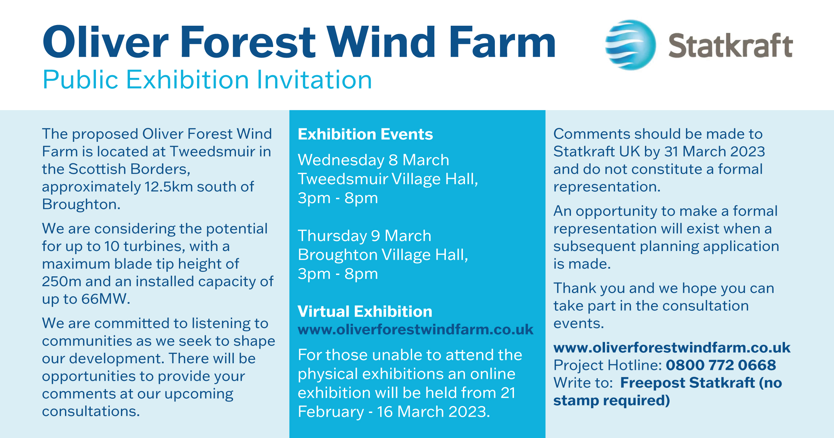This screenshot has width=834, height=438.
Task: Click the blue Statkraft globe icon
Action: pyautogui.click(x=630, y=45)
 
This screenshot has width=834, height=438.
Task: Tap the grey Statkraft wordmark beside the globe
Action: pyautogui.click(x=730, y=46)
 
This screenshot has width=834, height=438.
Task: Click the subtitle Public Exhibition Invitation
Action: pyautogui.click(x=207, y=80)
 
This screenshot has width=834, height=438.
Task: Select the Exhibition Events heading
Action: pyautogui.click(x=365, y=134)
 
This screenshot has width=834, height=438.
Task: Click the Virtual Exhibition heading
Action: pyautogui.click(x=365, y=311)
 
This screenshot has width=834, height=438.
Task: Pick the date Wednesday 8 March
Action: pyautogui.click(x=374, y=160)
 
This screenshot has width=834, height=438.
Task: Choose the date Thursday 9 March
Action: pyautogui.click(x=365, y=236)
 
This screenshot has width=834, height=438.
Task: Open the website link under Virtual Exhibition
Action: pyautogui.click(x=416, y=330)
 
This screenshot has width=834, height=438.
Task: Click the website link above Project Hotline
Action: pyautogui.click(x=672, y=348)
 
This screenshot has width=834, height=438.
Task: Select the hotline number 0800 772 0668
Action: pyautogui.click(x=721, y=365)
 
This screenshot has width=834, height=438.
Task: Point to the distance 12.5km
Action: pyautogui.click(x=169, y=187)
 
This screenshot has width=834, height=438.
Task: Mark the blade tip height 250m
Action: pyautogui.click(x=62, y=281)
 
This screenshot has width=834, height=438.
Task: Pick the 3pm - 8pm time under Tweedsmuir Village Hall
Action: pyautogui.click(x=338, y=198)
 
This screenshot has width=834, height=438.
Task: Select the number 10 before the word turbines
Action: pyautogui.click(x=112, y=246)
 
